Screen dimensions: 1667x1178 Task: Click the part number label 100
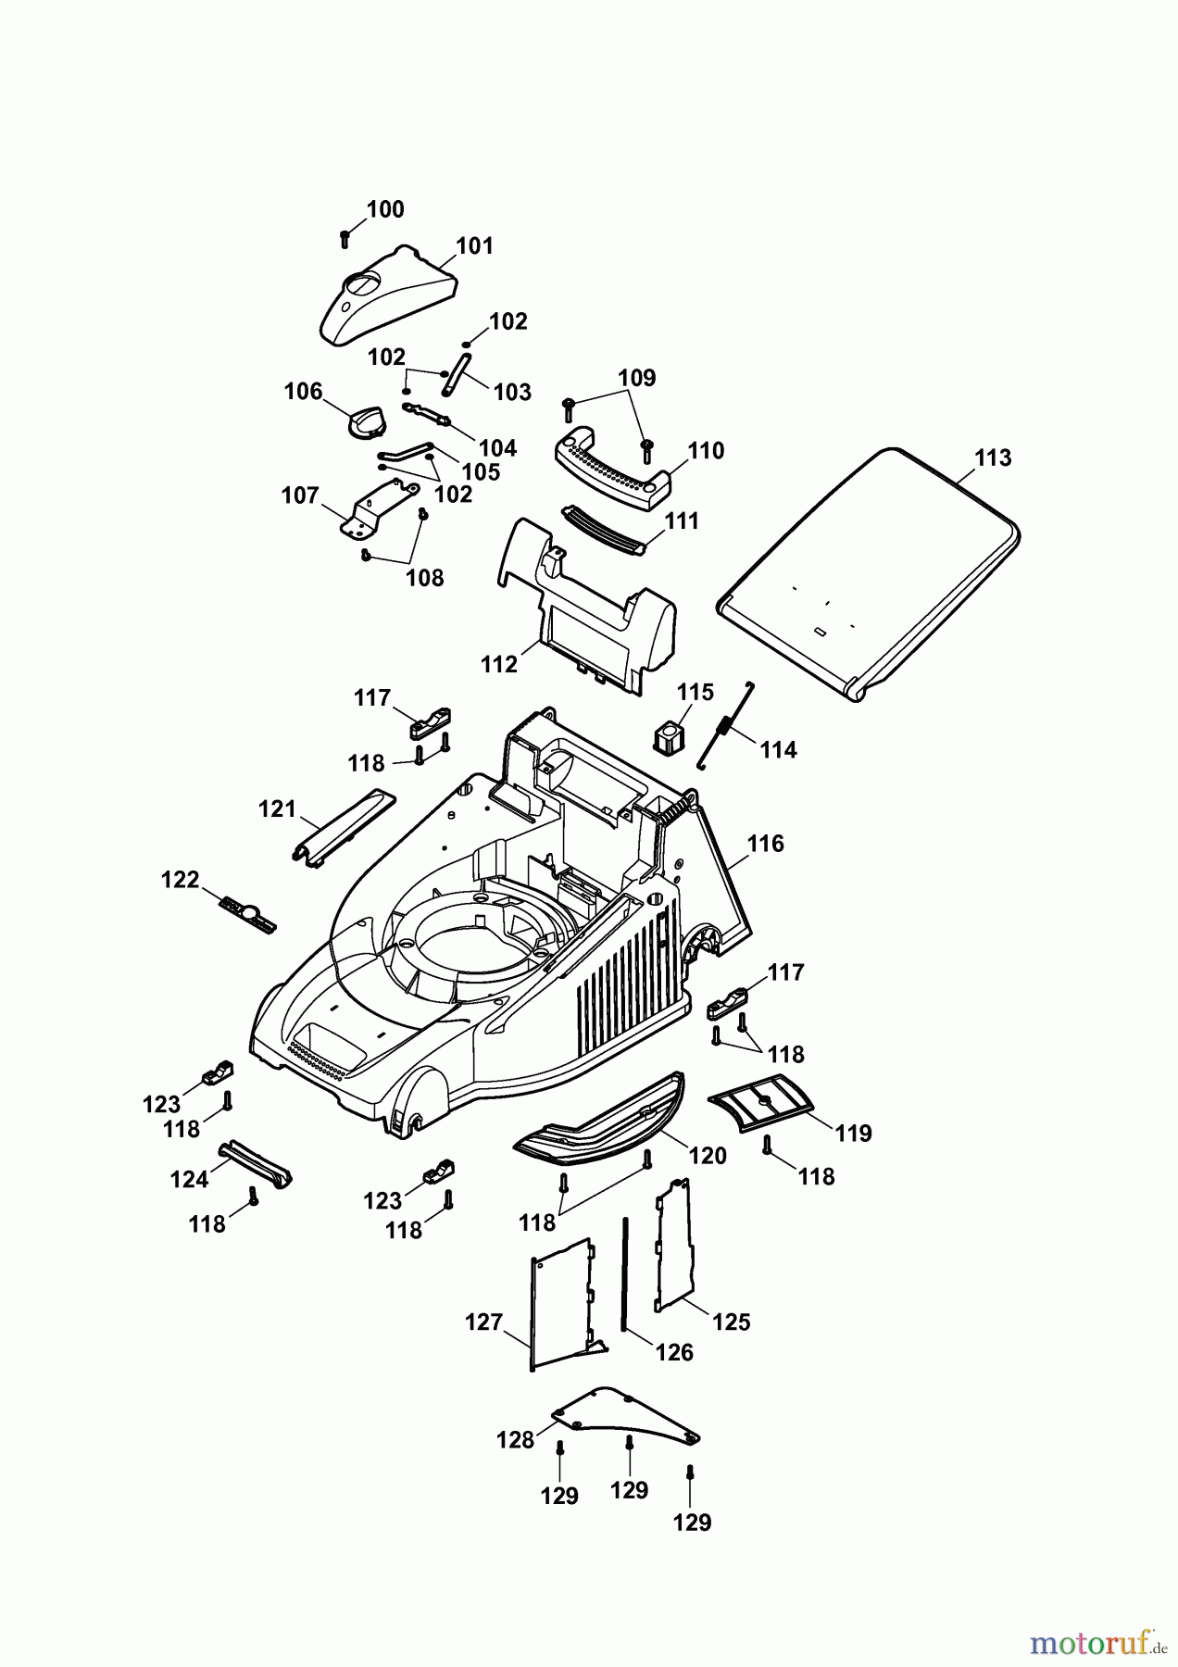point(385,209)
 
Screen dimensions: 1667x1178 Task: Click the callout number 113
point(993,457)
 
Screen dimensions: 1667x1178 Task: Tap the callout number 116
point(765,844)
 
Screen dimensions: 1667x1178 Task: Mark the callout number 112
point(499,664)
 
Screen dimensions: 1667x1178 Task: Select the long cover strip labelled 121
point(342,827)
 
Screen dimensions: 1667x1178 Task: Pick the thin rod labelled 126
point(626,1273)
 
